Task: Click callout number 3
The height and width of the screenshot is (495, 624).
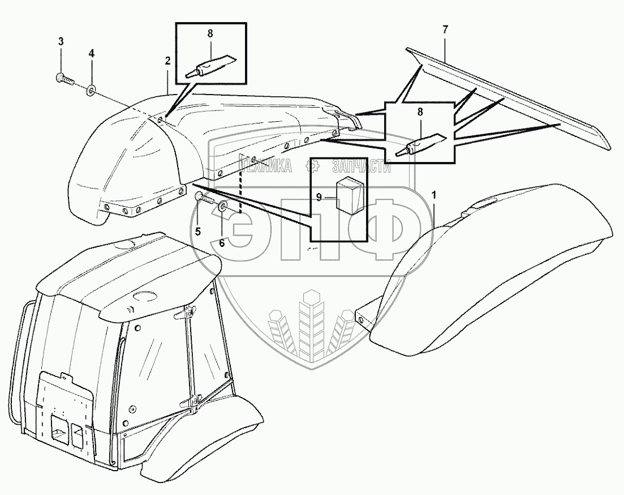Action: (x=61, y=41)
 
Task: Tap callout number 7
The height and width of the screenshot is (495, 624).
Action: (x=445, y=30)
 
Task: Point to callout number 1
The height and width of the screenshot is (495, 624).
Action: (x=434, y=195)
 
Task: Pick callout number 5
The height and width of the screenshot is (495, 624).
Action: (x=198, y=231)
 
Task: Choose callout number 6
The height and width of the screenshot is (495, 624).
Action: (x=222, y=243)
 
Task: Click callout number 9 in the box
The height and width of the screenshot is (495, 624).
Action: (x=320, y=197)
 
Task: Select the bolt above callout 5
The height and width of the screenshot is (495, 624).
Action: (x=203, y=198)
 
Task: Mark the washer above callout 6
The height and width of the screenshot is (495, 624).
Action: (x=222, y=205)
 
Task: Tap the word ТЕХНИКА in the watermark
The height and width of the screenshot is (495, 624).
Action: (x=266, y=167)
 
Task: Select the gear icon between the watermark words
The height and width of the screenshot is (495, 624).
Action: (x=312, y=167)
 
